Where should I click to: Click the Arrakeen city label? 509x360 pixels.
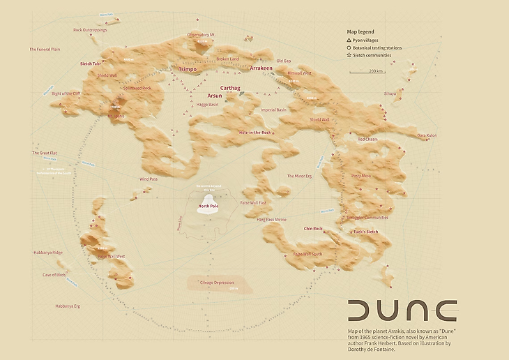pyautogui.click(x=261, y=69)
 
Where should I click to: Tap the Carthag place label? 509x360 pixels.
pyautogui.click(x=230, y=88)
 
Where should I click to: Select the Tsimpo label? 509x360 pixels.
pyautogui.click(x=188, y=70)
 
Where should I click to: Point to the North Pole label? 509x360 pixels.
pyautogui.click(x=208, y=207)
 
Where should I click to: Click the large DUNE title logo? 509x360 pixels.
pyautogui.click(x=402, y=310)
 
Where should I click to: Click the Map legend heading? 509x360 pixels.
pyautogui.click(x=360, y=32)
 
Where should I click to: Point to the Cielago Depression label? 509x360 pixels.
pyautogui.click(x=217, y=283)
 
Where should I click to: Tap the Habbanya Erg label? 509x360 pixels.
pyautogui.click(x=49, y=306)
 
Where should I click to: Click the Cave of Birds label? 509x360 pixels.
pyautogui.click(x=54, y=275)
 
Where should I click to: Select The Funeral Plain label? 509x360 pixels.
pyautogui.click(x=45, y=50)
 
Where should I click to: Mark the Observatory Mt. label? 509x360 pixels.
pyautogui.click(x=202, y=34)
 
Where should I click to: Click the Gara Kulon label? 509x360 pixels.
pyautogui.click(x=426, y=135)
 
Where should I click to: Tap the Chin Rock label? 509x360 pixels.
pyautogui.click(x=313, y=228)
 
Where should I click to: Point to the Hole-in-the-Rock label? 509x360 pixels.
pyautogui.click(x=254, y=132)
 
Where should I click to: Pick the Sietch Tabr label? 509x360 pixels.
pyautogui.click(x=91, y=63)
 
